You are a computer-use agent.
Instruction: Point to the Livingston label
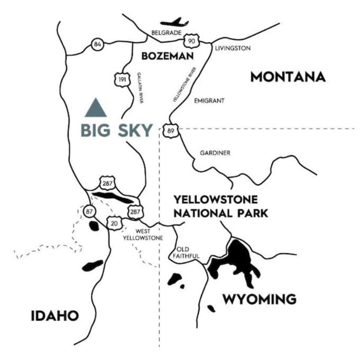233,48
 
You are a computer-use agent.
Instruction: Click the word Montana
288,77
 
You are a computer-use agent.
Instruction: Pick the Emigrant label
209,100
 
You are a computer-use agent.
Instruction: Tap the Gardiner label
215,153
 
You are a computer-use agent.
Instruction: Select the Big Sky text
116,130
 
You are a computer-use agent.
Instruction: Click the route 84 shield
97,44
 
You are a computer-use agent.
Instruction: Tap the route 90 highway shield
191,41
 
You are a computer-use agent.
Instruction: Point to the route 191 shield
121,79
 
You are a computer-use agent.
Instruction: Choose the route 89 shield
170,131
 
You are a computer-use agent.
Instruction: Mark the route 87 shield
89,211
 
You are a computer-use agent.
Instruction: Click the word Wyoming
259,300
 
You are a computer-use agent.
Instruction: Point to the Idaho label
54,316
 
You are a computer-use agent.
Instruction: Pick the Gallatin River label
141,87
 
